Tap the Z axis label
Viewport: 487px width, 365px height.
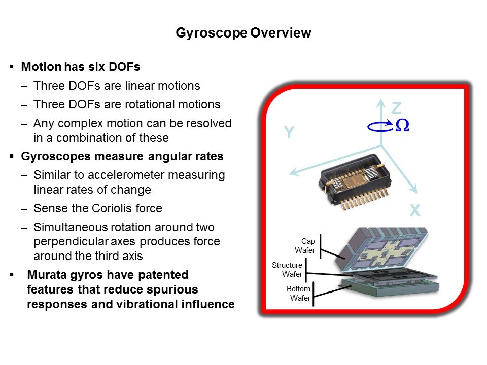click(396, 108)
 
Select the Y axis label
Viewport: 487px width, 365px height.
click(289, 132)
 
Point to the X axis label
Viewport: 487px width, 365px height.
click(415, 210)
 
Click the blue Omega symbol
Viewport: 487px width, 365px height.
click(402, 125)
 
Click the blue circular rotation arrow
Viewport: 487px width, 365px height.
click(380, 126)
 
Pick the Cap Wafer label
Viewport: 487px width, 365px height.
click(305, 245)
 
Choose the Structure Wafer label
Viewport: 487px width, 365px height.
click(287, 269)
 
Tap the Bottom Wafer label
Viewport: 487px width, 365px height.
click(298, 294)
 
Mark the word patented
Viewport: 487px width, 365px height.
click(163, 275)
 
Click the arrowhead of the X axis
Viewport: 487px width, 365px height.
click(414, 189)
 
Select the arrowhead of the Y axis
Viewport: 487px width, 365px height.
click(294, 172)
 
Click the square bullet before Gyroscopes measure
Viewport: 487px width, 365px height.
click(12, 156)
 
